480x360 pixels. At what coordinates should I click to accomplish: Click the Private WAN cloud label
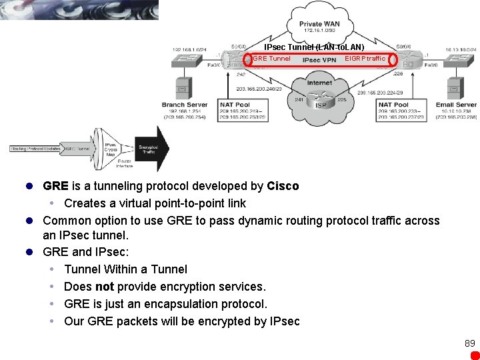(x=322, y=24)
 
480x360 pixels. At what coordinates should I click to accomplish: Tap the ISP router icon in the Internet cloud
(x=321, y=105)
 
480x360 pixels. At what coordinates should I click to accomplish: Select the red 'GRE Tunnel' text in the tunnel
(x=271, y=59)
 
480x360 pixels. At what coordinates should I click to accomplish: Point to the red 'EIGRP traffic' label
(x=365, y=59)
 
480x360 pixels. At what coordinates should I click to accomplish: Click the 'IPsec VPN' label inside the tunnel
(x=319, y=60)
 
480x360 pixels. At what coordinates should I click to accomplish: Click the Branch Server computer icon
(x=181, y=88)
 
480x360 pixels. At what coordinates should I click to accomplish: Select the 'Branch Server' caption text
(x=185, y=105)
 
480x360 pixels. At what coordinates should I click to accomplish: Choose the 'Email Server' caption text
(x=457, y=105)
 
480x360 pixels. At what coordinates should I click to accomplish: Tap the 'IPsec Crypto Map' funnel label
(x=111, y=148)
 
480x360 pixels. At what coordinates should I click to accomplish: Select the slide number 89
(x=470, y=343)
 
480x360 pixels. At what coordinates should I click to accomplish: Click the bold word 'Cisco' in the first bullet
(x=283, y=186)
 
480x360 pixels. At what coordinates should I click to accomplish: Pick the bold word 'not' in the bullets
(x=105, y=287)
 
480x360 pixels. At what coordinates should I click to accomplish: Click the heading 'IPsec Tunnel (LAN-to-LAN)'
(x=314, y=47)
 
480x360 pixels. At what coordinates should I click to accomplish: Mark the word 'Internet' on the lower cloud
(x=320, y=83)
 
